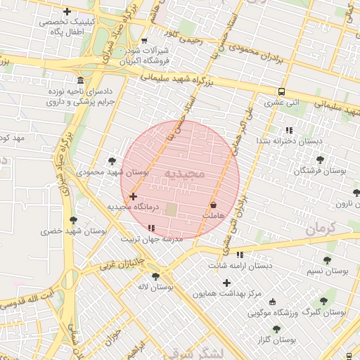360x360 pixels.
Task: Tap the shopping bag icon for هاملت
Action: (212, 205)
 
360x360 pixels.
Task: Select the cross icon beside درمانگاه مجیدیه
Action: (134, 196)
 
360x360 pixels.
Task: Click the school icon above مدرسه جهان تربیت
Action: (152, 228)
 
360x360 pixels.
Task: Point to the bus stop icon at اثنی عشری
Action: (282, 91)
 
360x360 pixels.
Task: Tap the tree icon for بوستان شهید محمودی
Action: (111, 161)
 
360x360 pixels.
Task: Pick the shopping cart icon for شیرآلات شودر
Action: (144, 41)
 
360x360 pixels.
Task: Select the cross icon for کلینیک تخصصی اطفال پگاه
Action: (67, 11)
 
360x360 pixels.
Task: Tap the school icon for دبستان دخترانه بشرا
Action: (289, 130)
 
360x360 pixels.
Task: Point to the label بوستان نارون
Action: (342, 204)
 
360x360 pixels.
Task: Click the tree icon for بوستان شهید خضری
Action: (73, 220)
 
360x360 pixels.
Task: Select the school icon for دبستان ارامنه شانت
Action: (240, 255)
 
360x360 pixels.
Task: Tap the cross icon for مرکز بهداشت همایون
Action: (226, 283)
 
